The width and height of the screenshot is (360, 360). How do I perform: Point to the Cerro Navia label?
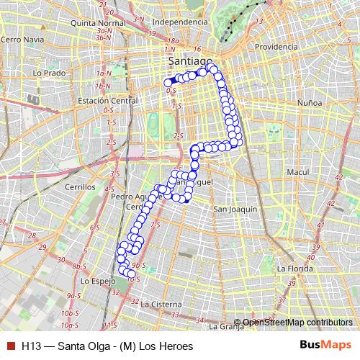pyautogui.click(x=20, y=39)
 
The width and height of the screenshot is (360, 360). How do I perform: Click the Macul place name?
pyautogui.click(x=297, y=173)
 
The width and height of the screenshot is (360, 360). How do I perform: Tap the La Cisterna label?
pyautogui.click(x=161, y=305)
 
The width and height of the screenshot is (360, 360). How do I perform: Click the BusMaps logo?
pyautogui.click(x=326, y=346)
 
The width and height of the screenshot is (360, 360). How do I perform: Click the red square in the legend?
pyautogui.click(x=10, y=346)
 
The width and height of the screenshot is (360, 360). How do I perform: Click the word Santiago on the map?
pyautogui.click(x=189, y=60)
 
